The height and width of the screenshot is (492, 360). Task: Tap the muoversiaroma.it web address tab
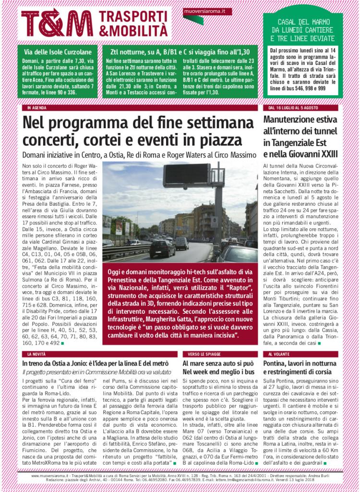[202, 10]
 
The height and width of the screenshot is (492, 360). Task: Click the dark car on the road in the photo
[162, 248]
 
